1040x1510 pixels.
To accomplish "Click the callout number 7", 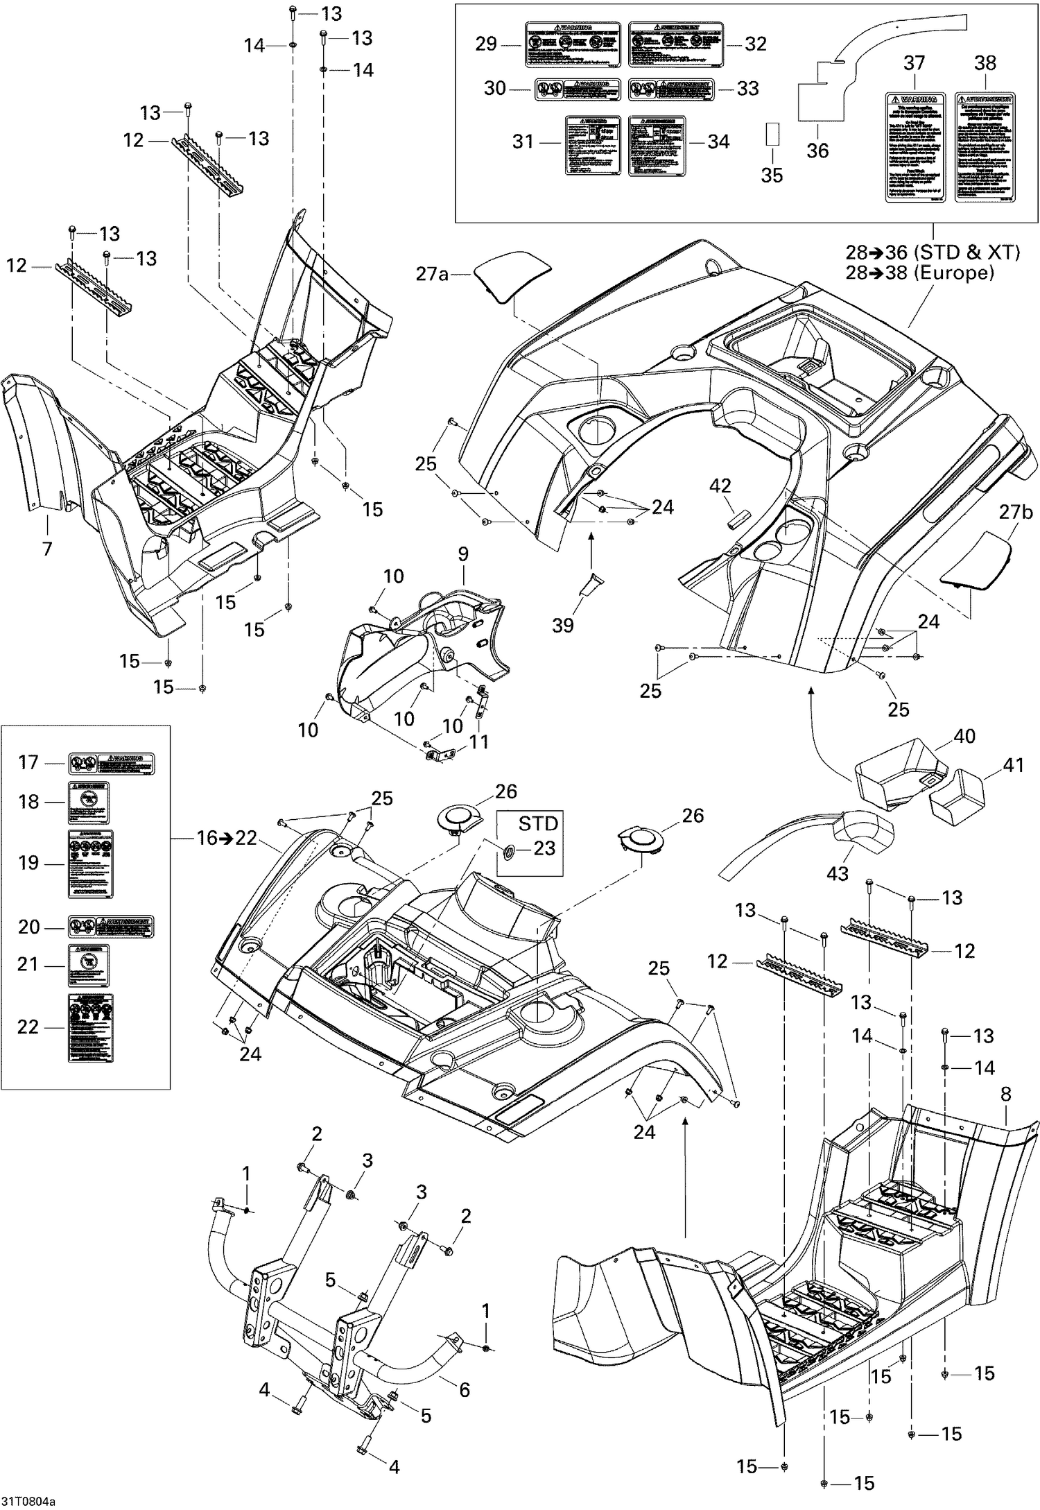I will click(x=47, y=549).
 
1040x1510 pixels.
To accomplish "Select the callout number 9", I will click(x=463, y=554).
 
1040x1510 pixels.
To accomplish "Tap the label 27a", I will click(x=432, y=274).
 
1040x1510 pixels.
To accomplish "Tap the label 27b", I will click(x=1016, y=512).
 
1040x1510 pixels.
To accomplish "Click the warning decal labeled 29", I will click(x=571, y=44).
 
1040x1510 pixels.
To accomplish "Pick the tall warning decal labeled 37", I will click(x=915, y=147).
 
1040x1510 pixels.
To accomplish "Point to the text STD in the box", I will click(x=538, y=823).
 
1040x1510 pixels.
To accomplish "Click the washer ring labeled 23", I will click(x=509, y=849).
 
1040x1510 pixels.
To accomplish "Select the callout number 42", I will click(x=720, y=486).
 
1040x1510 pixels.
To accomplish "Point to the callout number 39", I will click(x=563, y=625).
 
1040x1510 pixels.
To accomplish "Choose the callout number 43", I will click(x=838, y=873).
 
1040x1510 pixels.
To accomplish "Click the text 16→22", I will click(x=226, y=838).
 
